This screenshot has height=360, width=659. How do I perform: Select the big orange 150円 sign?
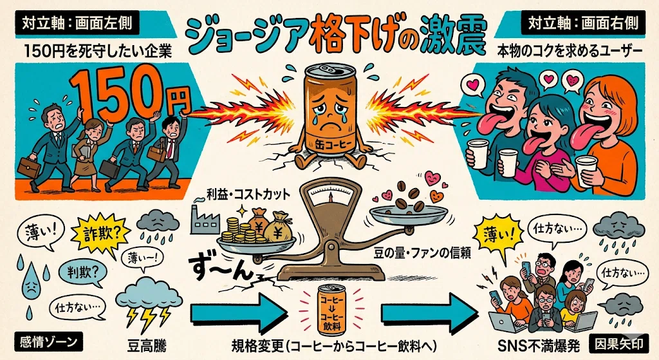coord(129,95)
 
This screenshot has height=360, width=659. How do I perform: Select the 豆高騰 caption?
coord(147,346)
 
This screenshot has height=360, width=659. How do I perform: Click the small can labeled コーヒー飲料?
coord(331,310)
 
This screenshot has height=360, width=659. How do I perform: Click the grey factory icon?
coord(205,219)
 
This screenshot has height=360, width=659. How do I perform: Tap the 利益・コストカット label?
coord(248,194)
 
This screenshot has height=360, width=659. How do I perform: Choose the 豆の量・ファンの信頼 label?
coord(422,252)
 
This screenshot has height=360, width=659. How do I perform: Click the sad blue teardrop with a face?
coord(31,283)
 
